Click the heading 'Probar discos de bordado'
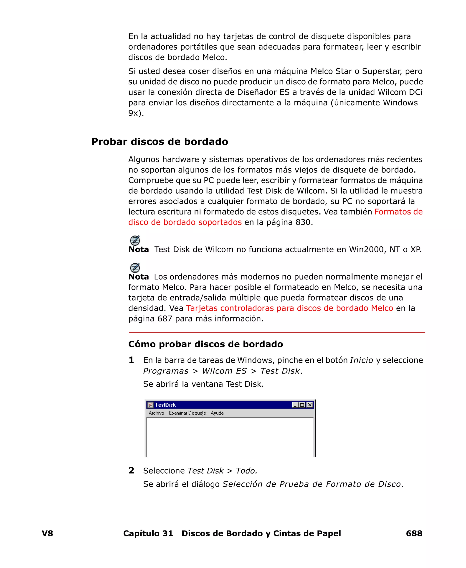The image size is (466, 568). point(160,141)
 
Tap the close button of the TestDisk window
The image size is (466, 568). point(309,405)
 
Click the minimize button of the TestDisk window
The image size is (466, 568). point(295,405)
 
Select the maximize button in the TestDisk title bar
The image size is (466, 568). point(302,405)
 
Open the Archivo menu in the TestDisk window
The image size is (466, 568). point(156,413)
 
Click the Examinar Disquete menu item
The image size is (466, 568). point(187,413)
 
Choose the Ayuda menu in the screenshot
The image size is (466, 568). point(217,413)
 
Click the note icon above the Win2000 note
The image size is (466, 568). point(135,240)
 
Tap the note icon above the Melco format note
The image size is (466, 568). point(135,268)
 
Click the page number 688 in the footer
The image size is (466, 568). point(414,533)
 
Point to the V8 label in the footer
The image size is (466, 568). point(47,533)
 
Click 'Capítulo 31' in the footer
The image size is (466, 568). point(148,533)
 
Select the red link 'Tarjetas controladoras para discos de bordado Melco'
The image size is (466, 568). point(289,308)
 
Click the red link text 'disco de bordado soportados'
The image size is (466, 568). point(185,222)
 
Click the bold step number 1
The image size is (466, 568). point(131,360)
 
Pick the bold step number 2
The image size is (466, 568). point(131,470)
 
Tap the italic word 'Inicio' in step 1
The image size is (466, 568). point(361,360)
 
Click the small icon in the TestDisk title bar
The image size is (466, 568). point(151,405)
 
